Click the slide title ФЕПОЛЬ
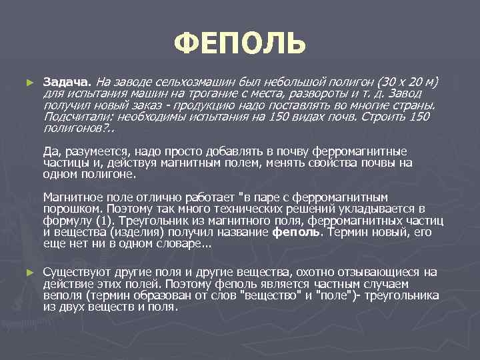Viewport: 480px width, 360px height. [240, 43]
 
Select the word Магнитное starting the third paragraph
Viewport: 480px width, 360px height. [71, 197]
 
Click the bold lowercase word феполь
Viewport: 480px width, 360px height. [296, 232]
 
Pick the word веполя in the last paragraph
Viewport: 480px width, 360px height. [61, 295]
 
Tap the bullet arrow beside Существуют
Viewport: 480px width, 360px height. [28, 273]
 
